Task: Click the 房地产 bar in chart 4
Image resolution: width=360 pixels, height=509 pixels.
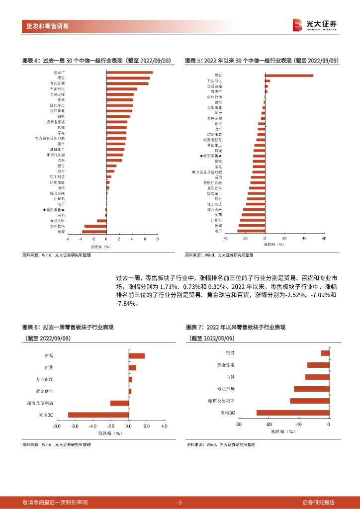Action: (129, 73)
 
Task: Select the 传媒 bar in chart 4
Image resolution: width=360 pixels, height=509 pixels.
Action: (94, 232)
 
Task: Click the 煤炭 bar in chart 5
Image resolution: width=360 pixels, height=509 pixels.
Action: (289, 76)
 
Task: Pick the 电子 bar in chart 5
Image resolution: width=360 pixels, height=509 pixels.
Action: (251, 231)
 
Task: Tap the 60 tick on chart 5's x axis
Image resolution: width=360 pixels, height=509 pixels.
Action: (324, 239)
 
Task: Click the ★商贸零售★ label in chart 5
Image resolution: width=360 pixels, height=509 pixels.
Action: (211, 156)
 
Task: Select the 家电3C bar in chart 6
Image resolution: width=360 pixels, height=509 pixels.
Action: (98, 415)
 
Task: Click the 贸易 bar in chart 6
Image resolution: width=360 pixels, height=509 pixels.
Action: (137, 355)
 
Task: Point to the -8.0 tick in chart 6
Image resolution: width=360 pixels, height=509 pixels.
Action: (57, 426)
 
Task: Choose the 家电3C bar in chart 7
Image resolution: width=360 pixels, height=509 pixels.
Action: (293, 413)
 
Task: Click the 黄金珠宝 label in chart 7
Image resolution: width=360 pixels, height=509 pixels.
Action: (226, 365)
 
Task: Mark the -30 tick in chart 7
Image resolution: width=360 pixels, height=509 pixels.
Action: (239, 424)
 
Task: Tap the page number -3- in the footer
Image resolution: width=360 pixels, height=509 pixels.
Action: (180, 503)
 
